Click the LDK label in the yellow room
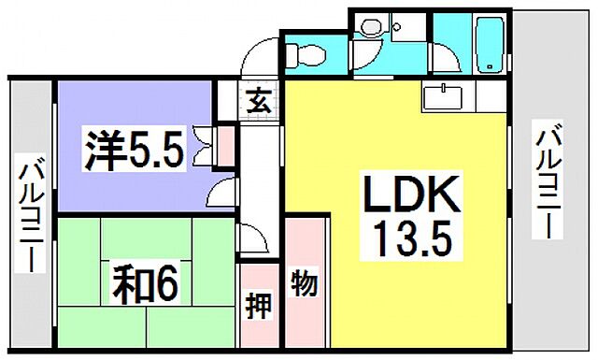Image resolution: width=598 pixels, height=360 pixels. click(408, 198)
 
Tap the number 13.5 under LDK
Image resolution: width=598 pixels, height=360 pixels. click(408, 242)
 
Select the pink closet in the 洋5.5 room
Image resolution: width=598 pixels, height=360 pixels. click(225, 145)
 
